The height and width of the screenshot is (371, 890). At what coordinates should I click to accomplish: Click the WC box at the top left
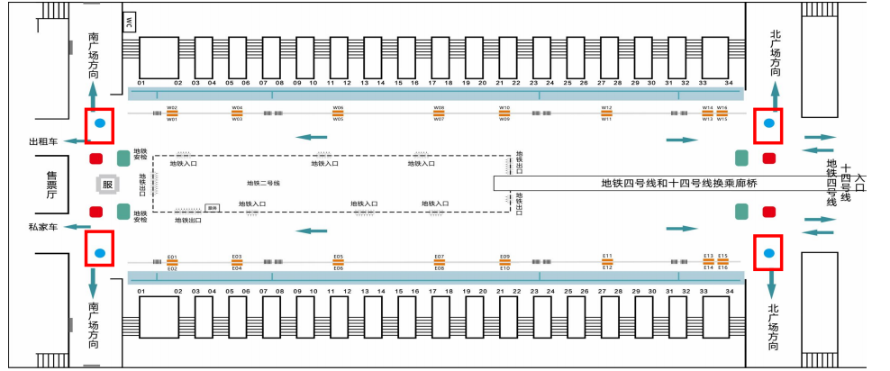click(129, 22)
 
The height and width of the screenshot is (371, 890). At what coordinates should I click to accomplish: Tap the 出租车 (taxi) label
click(43, 142)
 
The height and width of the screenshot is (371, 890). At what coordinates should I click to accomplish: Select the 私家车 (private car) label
click(43, 228)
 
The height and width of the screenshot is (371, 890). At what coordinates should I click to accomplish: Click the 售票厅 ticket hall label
click(52, 185)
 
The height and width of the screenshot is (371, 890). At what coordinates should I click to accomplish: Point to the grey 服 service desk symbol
click(108, 185)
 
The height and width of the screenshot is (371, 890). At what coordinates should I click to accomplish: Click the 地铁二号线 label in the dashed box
click(263, 183)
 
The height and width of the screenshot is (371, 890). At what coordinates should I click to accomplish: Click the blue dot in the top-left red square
click(100, 123)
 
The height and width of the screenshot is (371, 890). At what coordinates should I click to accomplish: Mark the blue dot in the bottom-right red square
click(768, 253)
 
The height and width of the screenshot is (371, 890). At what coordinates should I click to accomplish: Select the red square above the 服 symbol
click(95, 158)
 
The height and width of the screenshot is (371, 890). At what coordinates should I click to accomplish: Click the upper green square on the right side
click(741, 158)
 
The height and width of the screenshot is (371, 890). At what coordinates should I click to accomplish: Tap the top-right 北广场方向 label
click(776, 53)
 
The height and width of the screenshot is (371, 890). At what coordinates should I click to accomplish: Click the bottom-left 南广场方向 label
click(94, 325)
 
